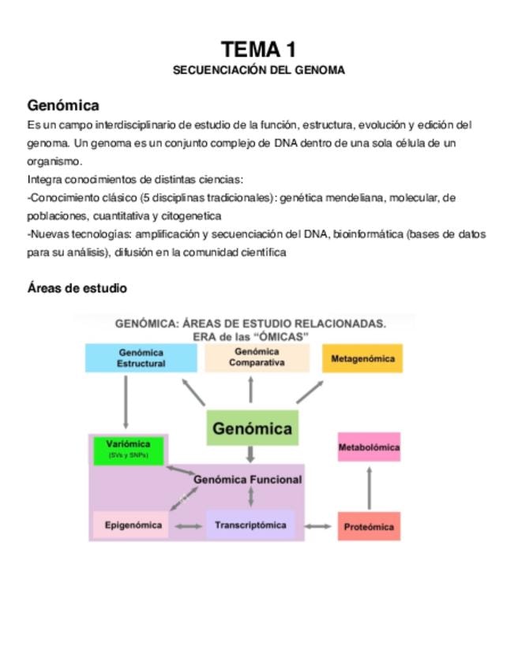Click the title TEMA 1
click(259, 50)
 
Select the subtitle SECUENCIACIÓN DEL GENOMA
click(259, 70)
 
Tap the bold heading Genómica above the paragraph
click(63, 105)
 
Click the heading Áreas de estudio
click(77, 289)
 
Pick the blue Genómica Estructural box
click(141, 358)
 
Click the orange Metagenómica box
click(362, 358)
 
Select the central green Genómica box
click(252, 429)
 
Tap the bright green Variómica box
click(128, 449)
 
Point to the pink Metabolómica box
click(369, 448)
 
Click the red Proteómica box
click(369, 526)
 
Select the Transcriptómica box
click(250, 525)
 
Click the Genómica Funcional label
click(247, 479)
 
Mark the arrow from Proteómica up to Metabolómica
click(369, 488)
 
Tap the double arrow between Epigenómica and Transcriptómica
click(188, 526)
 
